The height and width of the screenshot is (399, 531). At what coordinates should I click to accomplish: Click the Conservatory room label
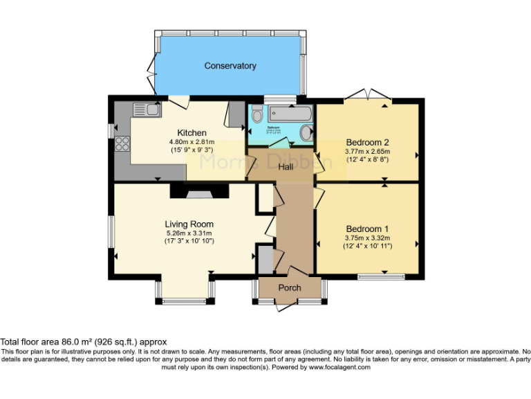(x=230, y=66)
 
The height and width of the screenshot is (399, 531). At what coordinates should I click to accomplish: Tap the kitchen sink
(x=147, y=109)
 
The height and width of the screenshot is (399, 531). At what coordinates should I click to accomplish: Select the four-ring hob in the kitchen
(x=122, y=143)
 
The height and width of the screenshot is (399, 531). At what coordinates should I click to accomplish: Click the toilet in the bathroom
(x=257, y=115)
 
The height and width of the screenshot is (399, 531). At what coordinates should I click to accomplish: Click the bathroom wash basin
(x=305, y=133)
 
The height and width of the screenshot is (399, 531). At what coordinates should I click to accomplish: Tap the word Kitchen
(x=192, y=133)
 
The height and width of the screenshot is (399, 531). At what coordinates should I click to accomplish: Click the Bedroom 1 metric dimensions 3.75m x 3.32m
(x=366, y=238)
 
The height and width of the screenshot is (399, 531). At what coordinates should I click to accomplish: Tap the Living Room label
(x=189, y=224)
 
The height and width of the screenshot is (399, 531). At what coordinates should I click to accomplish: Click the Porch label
(x=289, y=287)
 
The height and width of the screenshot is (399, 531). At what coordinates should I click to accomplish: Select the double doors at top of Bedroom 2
(x=368, y=96)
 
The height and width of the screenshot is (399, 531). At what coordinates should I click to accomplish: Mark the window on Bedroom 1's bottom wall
(x=381, y=276)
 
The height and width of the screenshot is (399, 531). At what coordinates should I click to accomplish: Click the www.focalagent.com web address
(x=330, y=367)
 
